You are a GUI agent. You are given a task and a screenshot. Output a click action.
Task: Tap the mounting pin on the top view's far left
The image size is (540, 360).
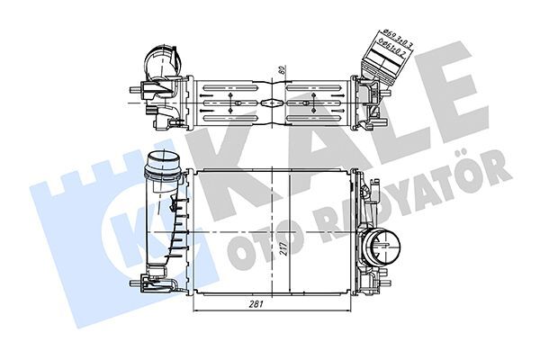coord(134,90)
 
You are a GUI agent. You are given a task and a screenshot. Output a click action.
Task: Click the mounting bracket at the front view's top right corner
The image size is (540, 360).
coord(365,180)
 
